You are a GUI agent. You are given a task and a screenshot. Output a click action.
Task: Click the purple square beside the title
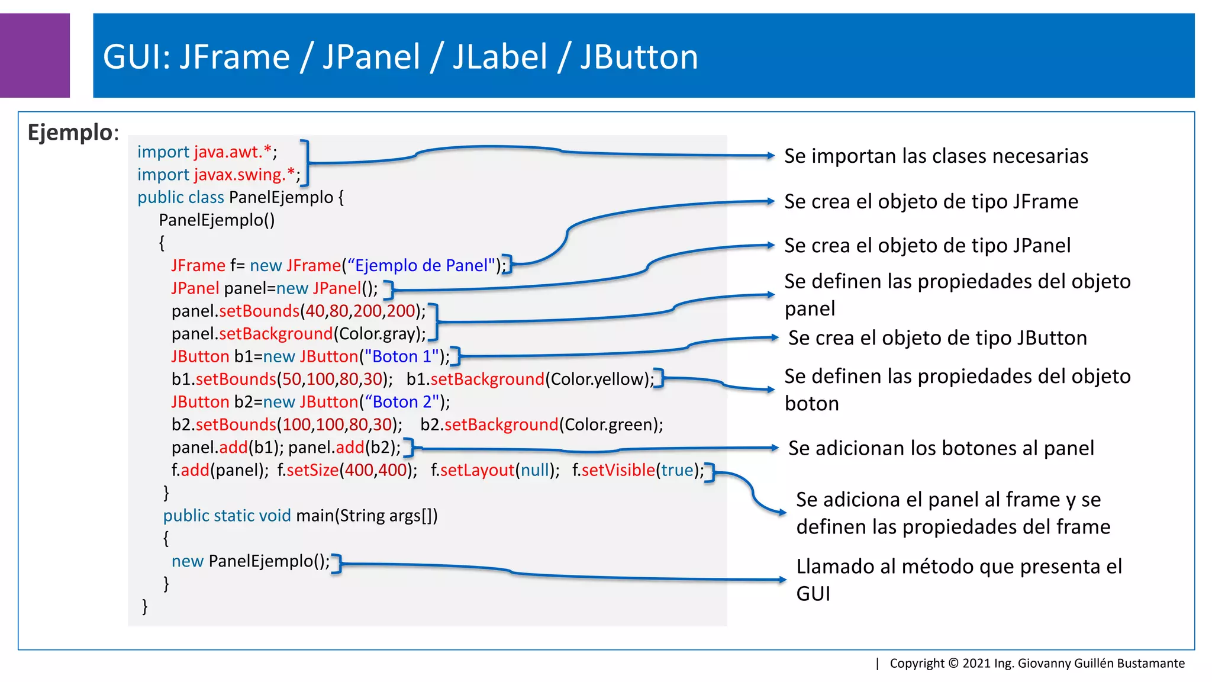click(x=34, y=55)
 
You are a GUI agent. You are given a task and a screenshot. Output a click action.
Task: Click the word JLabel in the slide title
click(x=500, y=57)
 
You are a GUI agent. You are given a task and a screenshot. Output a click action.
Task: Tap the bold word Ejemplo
click(x=70, y=132)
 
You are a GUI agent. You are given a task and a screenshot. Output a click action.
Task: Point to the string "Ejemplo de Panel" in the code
click(x=421, y=265)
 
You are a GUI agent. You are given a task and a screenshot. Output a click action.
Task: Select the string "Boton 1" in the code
click(x=402, y=356)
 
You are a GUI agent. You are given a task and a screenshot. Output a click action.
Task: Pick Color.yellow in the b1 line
click(x=599, y=379)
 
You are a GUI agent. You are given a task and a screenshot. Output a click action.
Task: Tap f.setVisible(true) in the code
click(x=637, y=470)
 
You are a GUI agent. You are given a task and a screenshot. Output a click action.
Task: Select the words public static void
click(x=227, y=516)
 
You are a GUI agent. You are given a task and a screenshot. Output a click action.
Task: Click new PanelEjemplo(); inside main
click(x=250, y=561)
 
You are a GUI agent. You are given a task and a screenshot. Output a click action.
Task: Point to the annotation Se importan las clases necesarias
click(x=936, y=156)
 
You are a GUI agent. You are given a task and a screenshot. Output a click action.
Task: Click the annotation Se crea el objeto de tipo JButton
click(x=937, y=338)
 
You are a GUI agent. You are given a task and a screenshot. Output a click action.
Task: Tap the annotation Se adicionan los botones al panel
click(x=940, y=448)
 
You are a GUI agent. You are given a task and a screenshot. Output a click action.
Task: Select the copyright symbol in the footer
click(x=953, y=663)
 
